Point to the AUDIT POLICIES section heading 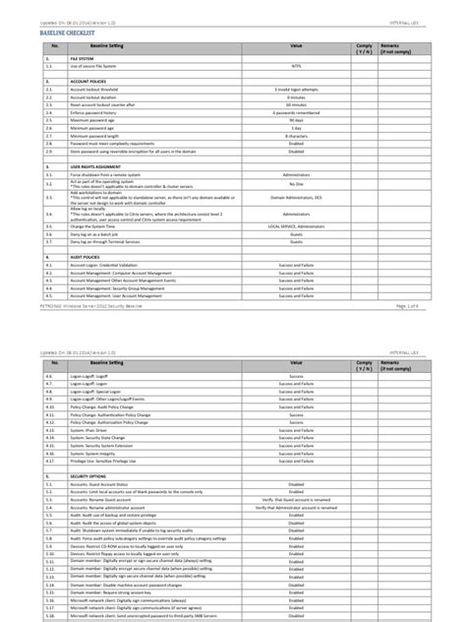[x=87, y=258]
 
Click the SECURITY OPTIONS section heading [x=90, y=501]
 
